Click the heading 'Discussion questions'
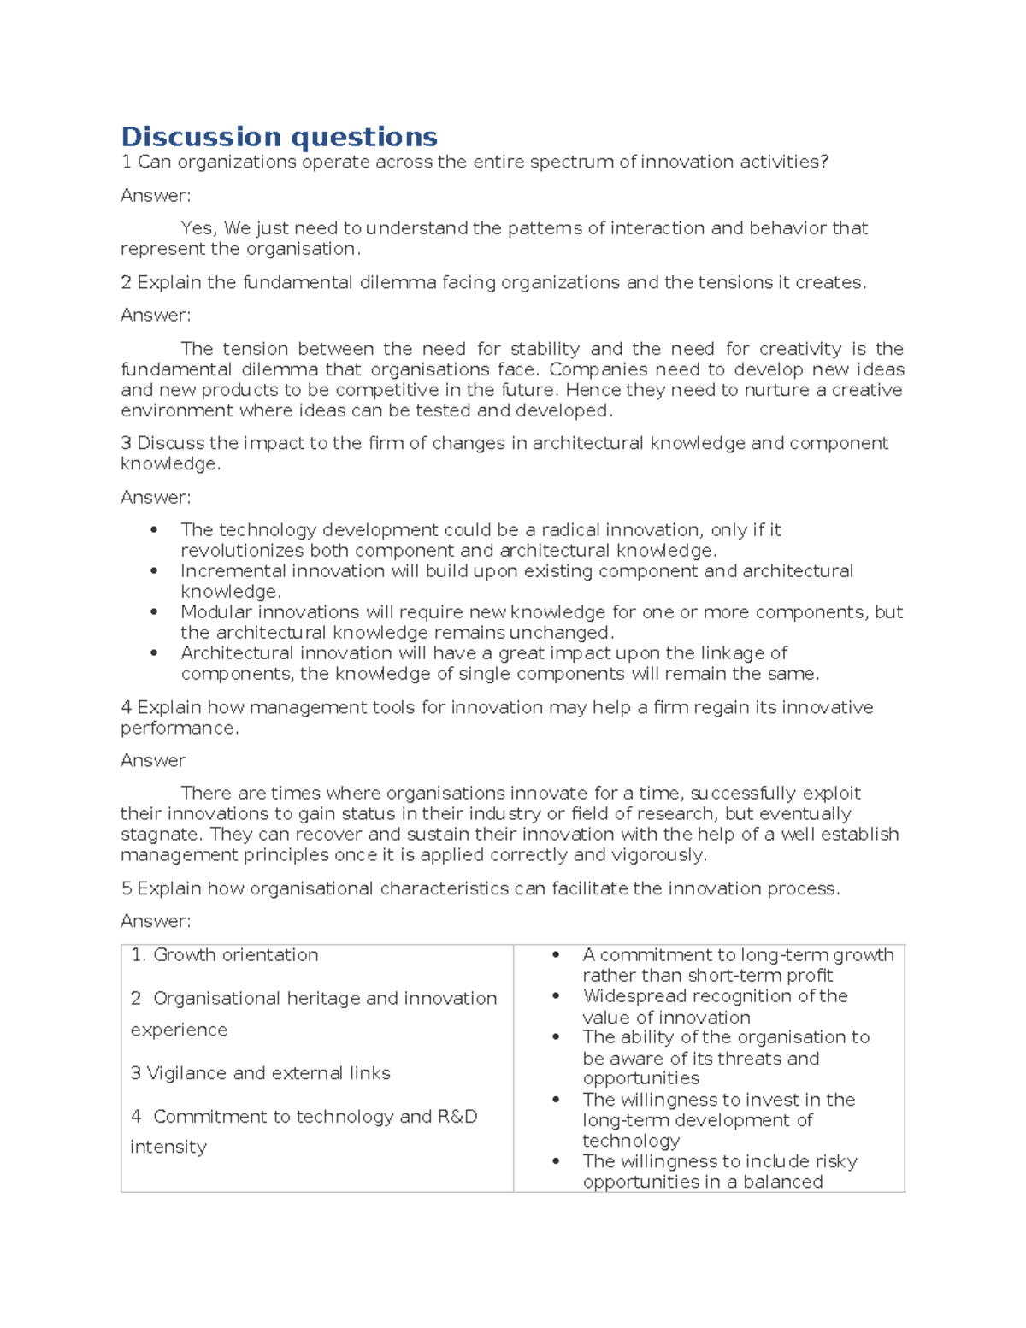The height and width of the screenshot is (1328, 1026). [279, 137]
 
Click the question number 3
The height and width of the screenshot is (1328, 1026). [126, 443]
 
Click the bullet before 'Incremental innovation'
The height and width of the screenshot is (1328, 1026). [154, 571]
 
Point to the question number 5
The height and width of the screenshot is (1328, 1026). [126, 888]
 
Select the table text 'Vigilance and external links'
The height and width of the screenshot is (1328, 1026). [268, 1073]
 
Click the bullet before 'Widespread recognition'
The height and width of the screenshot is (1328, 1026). [556, 996]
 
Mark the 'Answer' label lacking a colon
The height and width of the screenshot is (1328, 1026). [152, 760]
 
